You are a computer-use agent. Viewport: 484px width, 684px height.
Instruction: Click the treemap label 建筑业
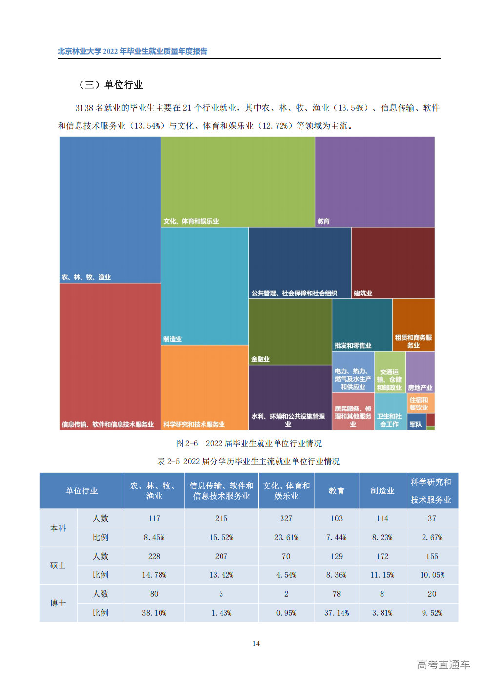pos(363,293)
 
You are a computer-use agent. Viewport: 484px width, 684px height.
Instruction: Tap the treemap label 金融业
pos(261,359)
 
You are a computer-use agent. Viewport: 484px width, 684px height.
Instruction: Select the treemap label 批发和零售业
pos(353,346)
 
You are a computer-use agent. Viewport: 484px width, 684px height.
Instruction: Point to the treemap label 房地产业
pos(420,388)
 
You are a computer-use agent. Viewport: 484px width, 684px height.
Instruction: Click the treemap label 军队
pos(416,424)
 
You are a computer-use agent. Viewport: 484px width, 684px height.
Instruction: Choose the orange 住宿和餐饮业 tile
pos(420,403)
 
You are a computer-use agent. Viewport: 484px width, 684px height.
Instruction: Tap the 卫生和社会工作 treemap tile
pos(389,412)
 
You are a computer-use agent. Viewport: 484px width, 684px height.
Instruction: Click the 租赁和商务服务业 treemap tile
pos(413,325)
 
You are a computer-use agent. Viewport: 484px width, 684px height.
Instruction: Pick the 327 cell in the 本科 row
pos(286,518)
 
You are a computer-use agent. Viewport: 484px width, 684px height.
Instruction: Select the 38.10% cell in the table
pos(154,613)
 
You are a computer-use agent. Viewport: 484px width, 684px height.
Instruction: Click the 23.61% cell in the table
pos(286,537)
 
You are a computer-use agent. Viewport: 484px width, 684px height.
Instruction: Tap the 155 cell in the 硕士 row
pos(432,556)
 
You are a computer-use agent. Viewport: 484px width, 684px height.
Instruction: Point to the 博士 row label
pos(58,603)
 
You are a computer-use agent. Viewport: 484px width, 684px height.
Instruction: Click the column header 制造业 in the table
pos(382,491)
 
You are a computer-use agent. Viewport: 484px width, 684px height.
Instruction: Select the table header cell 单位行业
pos(81,491)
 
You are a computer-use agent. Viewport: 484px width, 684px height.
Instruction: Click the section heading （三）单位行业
pos(110,85)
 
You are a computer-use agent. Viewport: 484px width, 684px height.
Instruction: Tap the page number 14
pos(256,644)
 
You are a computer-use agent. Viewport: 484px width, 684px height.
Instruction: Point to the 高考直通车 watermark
pos(443,664)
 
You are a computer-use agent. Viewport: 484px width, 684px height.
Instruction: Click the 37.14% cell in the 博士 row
pos(336,613)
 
